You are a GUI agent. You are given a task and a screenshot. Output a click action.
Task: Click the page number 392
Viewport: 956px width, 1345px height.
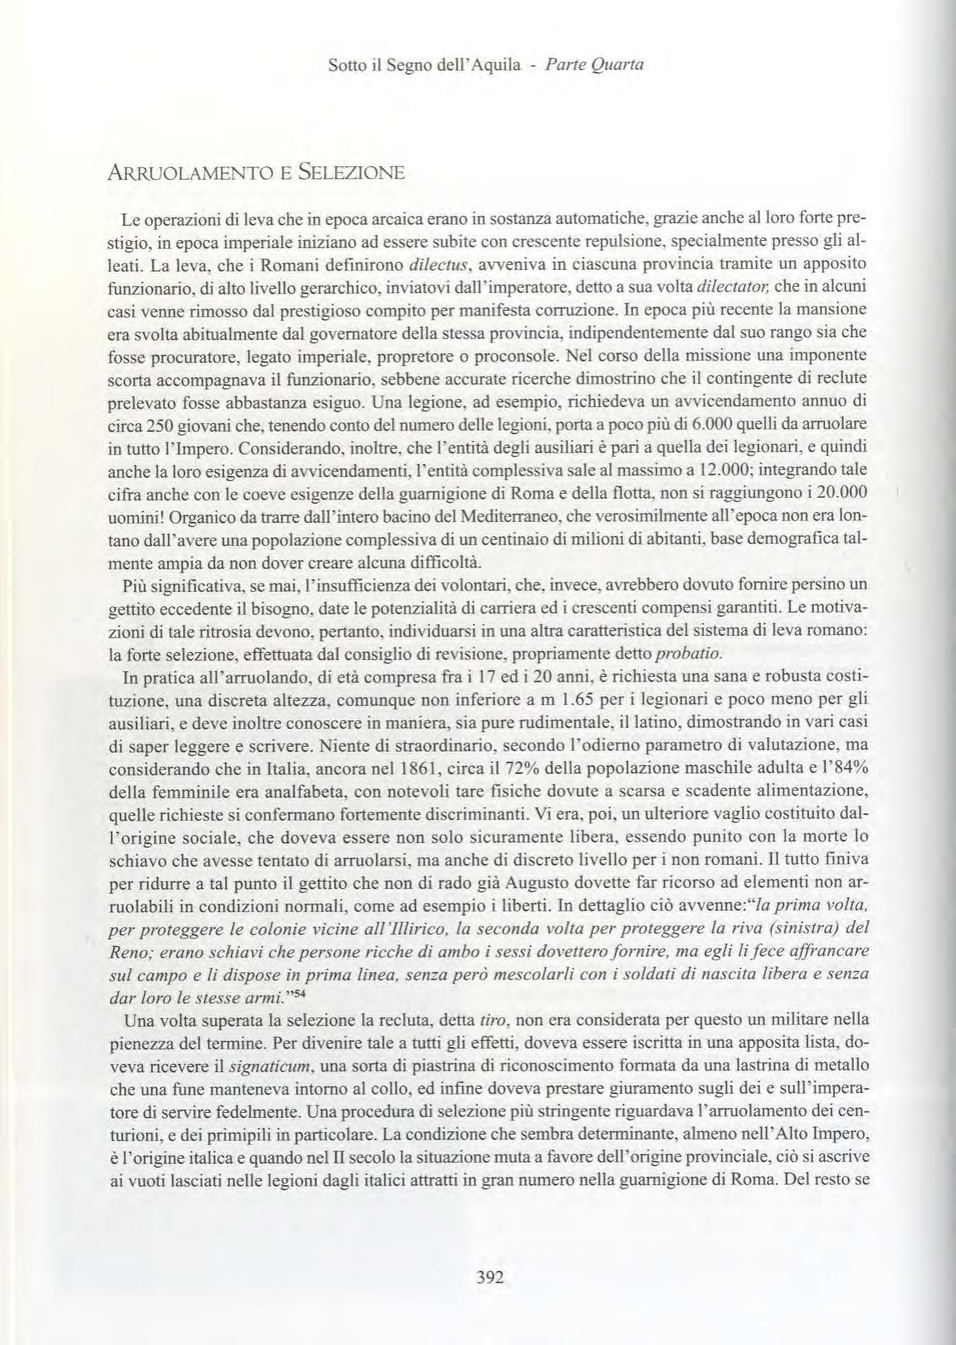point(489,1278)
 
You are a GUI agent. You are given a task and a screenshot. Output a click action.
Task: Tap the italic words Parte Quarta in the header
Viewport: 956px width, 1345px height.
point(595,64)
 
